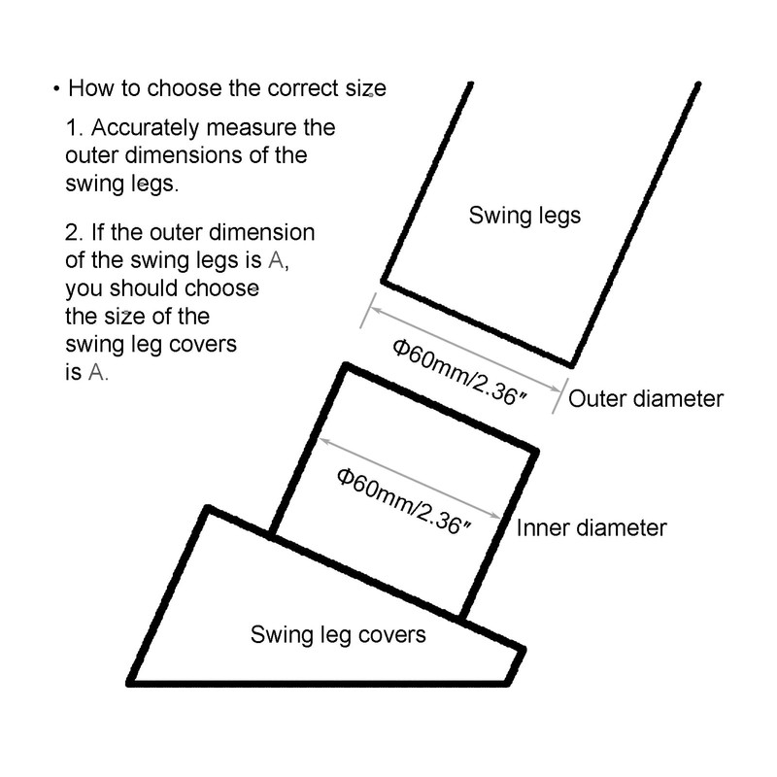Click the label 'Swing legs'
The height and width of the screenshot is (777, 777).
524,215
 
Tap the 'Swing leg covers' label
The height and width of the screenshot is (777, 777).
338,635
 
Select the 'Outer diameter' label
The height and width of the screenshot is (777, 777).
646,398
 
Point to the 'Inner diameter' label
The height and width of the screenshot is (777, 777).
591,527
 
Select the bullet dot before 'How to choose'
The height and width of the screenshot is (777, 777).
56,89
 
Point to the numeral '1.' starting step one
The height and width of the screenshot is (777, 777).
75,128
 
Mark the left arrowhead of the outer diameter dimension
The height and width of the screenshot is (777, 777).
369,311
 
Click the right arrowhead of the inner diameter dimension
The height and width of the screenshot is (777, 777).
500,517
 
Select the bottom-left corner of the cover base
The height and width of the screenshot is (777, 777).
133,679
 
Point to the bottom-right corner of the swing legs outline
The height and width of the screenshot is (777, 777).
571,365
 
